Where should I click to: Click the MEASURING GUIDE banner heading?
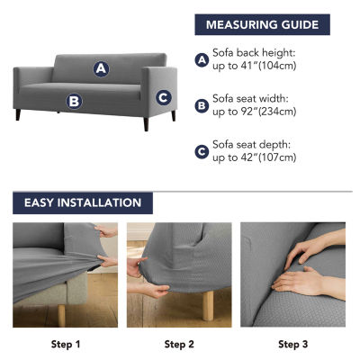click(262, 24)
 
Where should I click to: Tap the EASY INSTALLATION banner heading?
click(83, 202)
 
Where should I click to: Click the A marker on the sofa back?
click(101, 69)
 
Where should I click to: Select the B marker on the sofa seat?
click(74, 102)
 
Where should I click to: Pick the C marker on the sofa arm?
click(164, 97)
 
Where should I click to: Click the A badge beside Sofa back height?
click(202, 60)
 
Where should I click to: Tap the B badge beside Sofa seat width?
click(202, 106)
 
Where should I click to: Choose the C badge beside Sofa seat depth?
click(202, 152)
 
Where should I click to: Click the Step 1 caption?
click(66, 344)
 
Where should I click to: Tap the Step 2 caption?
click(179, 344)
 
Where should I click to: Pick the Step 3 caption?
click(292, 344)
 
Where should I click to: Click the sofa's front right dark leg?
click(146, 124)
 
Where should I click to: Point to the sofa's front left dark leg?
click(18, 114)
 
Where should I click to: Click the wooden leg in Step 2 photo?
click(208, 305)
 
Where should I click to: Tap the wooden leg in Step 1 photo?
click(61, 316)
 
